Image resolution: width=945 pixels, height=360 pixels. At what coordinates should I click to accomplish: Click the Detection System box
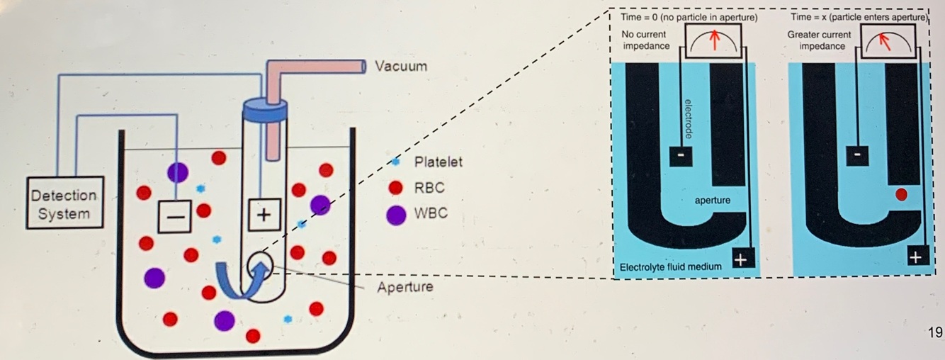click(63, 203)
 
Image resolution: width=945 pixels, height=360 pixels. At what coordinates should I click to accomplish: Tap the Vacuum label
click(401, 67)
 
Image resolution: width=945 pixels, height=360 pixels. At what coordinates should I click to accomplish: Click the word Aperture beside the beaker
click(405, 288)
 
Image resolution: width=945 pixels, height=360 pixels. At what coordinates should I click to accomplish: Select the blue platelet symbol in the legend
click(396, 162)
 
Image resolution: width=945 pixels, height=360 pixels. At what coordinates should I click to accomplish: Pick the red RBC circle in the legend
click(397, 189)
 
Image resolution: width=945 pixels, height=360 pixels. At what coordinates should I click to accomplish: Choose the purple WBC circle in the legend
click(397, 214)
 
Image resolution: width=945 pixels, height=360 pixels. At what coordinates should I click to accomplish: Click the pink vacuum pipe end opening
click(361, 67)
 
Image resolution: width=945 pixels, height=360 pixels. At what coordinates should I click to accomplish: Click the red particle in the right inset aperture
click(901, 196)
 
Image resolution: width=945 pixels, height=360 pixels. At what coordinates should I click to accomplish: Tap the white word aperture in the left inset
click(713, 201)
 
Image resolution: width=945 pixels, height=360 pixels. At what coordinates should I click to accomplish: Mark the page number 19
click(934, 332)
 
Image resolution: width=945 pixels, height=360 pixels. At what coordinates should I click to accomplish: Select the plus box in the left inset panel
click(741, 259)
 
